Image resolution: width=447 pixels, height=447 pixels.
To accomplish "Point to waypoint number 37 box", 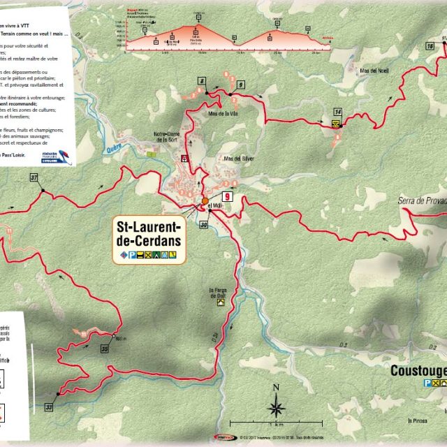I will [x=34, y=178].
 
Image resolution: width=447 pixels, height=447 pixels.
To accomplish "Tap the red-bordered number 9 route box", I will [x=226, y=197].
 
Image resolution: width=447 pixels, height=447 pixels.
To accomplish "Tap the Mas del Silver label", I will [x=237, y=159].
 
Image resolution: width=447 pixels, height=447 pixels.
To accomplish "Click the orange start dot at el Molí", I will [x=205, y=200].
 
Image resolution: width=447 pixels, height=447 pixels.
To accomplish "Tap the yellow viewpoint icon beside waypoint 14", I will [x=336, y=124].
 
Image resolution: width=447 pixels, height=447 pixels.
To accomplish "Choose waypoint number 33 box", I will [x=49, y=406].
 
